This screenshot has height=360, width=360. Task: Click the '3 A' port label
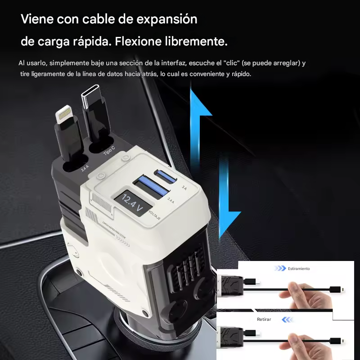tap(184, 188)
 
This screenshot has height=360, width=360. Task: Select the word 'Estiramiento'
tap(299, 269)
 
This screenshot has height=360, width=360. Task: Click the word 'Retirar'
tap(264, 319)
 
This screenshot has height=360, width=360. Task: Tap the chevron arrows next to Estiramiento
tap(280, 269)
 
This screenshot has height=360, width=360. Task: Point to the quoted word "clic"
tap(230, 63)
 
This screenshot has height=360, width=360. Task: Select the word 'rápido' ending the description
tap(241, 74)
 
